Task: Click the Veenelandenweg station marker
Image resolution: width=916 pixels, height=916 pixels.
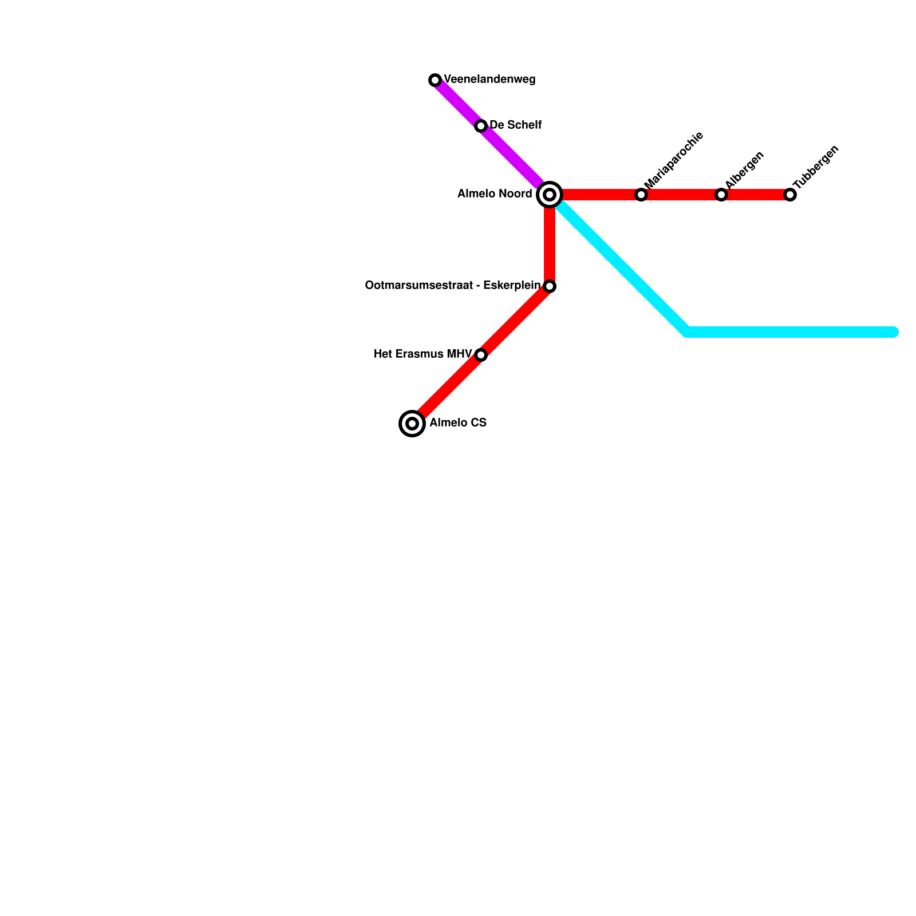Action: click(x=435, y=80)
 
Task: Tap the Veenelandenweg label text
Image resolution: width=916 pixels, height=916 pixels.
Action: click(x=489, y=80)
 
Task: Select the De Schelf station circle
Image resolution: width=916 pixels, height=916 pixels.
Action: click(x=481, y=126)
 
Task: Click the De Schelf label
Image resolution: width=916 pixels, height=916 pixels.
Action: click(x=515, y=125)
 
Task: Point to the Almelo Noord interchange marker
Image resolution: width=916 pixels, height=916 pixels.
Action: click(x=550, y=195)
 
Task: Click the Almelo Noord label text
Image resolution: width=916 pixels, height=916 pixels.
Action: click(x=495, y=194)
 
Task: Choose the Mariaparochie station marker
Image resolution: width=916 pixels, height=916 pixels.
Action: click(x=641, y=195)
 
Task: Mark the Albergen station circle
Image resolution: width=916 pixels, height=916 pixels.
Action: click(x=721, y=195)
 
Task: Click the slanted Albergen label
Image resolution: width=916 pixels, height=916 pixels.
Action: click(x=744, y=169)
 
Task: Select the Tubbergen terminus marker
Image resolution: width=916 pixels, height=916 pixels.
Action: click(x=790, y=195)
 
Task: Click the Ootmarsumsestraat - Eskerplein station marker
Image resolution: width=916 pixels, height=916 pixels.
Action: click(x=550, y=286)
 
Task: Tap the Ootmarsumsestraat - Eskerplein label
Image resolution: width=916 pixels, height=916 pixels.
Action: click(x=452, y=286)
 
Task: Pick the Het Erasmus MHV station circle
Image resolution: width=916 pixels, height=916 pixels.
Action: click(x=481, y=355)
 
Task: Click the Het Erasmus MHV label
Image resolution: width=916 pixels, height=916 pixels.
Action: click(x=423, y=354)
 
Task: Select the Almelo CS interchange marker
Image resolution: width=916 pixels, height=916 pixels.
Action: click(x=412, y=424)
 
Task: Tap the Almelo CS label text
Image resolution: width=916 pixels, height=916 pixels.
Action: click(x=458, y=423)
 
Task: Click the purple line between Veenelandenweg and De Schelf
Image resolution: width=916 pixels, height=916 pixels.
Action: click(x=458, y=103)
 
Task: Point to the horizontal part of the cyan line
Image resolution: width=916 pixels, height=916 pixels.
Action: click(x=790, y=332)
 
